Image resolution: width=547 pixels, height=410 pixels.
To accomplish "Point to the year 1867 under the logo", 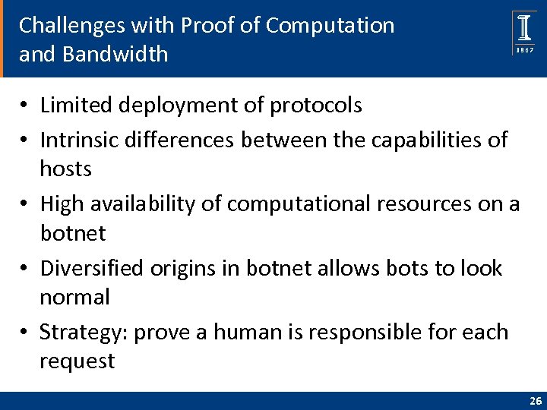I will click(524, 50).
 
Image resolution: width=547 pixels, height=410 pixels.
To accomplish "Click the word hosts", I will click(65, 169).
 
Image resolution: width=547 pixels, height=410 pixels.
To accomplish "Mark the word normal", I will click(74, 297).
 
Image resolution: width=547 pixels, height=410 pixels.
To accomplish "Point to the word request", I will click(77, 361).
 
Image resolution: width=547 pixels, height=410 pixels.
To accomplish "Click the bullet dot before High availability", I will click(27, 204).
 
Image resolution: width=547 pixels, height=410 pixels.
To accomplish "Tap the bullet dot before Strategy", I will click(27, 333).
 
